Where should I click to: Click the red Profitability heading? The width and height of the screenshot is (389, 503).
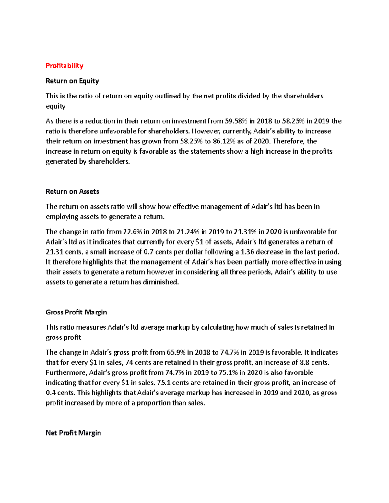coord(65,66)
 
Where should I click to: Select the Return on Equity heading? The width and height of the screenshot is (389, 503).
coord(72,81)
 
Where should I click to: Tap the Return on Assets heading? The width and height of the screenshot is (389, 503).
coord(72,192)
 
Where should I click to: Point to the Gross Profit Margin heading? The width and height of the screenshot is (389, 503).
coord(76,312)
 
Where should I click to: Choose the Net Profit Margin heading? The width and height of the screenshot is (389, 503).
coord(73,433)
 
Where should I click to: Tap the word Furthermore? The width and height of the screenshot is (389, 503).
coord(66,372)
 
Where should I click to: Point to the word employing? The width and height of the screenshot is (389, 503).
coord(62,217)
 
